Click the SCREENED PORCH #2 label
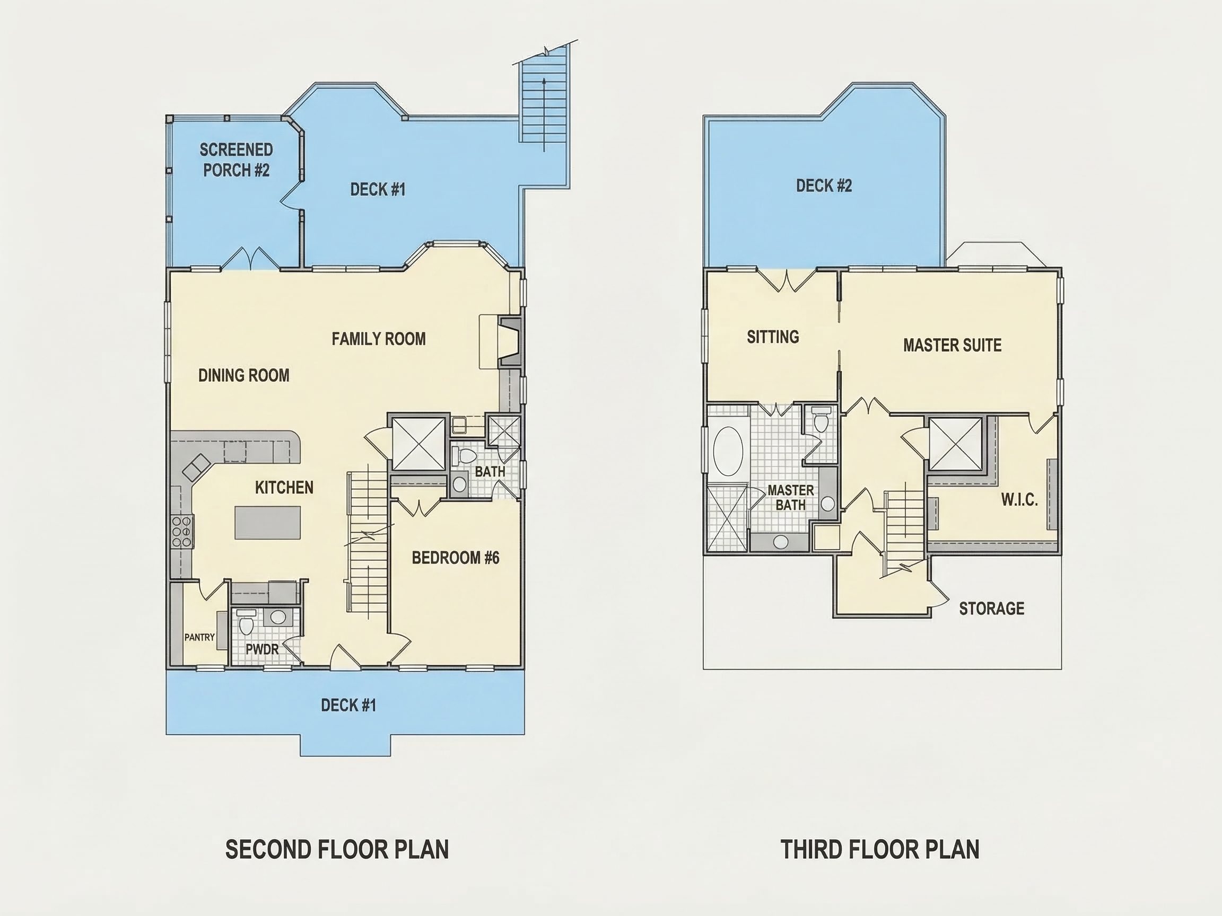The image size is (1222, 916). point(236,160)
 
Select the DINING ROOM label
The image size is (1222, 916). point(243,375)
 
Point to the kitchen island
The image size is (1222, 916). point(268,522)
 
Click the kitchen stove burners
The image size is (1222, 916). point(181,531)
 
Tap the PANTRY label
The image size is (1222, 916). point(199,637)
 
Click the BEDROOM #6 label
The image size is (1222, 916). point(455,558)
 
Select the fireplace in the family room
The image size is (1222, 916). point(509,342)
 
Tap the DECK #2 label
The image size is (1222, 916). point(824,186)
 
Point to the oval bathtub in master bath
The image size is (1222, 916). point(728,451)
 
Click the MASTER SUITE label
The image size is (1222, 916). point(952,345)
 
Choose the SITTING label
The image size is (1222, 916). point(773,336)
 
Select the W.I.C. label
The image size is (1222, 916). point(1019,500)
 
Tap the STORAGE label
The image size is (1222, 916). point(992,609)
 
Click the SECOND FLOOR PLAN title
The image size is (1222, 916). point(337,849)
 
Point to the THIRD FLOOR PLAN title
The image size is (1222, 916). point(880,849)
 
